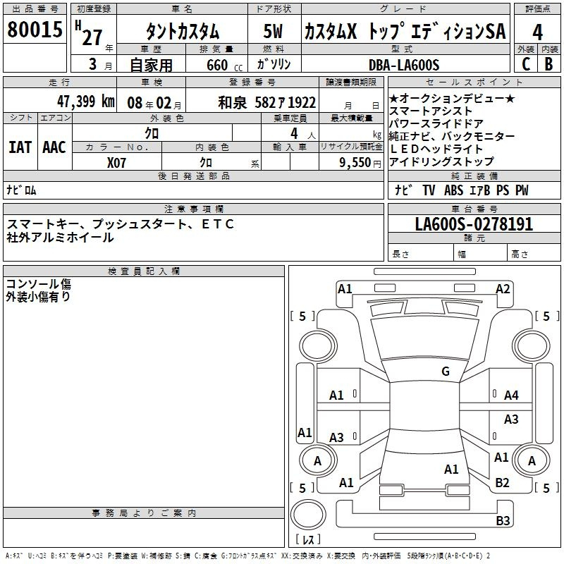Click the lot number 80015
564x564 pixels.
point(35,29)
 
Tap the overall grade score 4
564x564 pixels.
point(537,32)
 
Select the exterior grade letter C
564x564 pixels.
point(526,64)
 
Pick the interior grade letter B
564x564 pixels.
point(548,64)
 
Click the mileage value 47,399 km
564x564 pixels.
point(86,102)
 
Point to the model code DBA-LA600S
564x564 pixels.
point(404,65)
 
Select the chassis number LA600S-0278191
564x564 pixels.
point(474,224)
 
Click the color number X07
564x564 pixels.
point(116,163)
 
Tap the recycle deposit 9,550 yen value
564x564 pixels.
point(360,163)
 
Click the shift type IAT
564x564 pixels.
point(20,147)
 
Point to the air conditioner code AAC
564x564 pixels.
point(54,147)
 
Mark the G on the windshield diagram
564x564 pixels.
point(446,371)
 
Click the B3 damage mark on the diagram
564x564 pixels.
point(503,520)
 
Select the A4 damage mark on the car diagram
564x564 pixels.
point(511,396)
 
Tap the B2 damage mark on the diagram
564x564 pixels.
point(502,482)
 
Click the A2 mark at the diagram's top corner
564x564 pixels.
point(503,289)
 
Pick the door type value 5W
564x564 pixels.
point(273,31)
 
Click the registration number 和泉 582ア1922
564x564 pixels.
point(267,103)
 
